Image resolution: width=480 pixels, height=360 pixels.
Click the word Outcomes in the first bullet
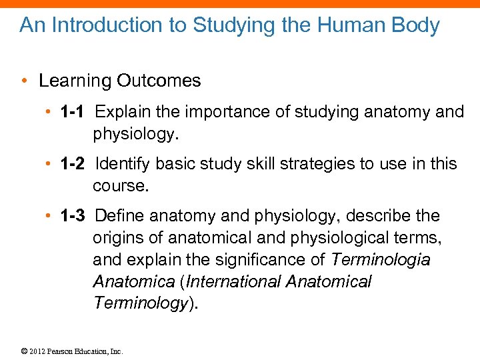pyautogui.click(x=159, y=81)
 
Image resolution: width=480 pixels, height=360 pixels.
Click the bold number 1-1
pyautogui.click(x=73, y=111)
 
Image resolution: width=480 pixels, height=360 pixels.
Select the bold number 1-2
pyautogui.click(x=73, y=163)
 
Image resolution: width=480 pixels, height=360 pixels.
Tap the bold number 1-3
pyautogui.click(x=73, y=215)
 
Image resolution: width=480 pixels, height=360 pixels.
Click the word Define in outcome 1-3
pyautogui.click(x=120, y=215)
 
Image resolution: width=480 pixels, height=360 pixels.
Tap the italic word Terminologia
pyautogui.click(x=381, y=259)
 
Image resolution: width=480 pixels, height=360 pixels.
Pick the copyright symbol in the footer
pyautogui.click(x=23, y=351)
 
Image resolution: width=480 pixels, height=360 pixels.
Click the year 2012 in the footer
pyautogui.click(x=37, y=351)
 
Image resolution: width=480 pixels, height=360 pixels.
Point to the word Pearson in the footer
pyautogui.click(x=60, y=351)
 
